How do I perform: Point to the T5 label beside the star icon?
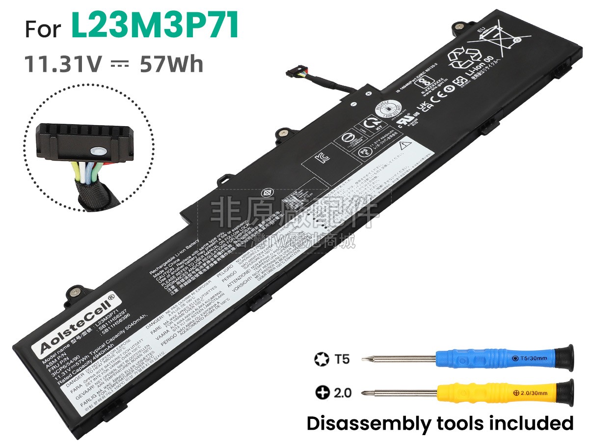coord(342,359)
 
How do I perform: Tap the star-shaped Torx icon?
coord(321,359)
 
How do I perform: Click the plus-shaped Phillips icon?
coord(322,393)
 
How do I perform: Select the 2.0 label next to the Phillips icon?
coord(342,393)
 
